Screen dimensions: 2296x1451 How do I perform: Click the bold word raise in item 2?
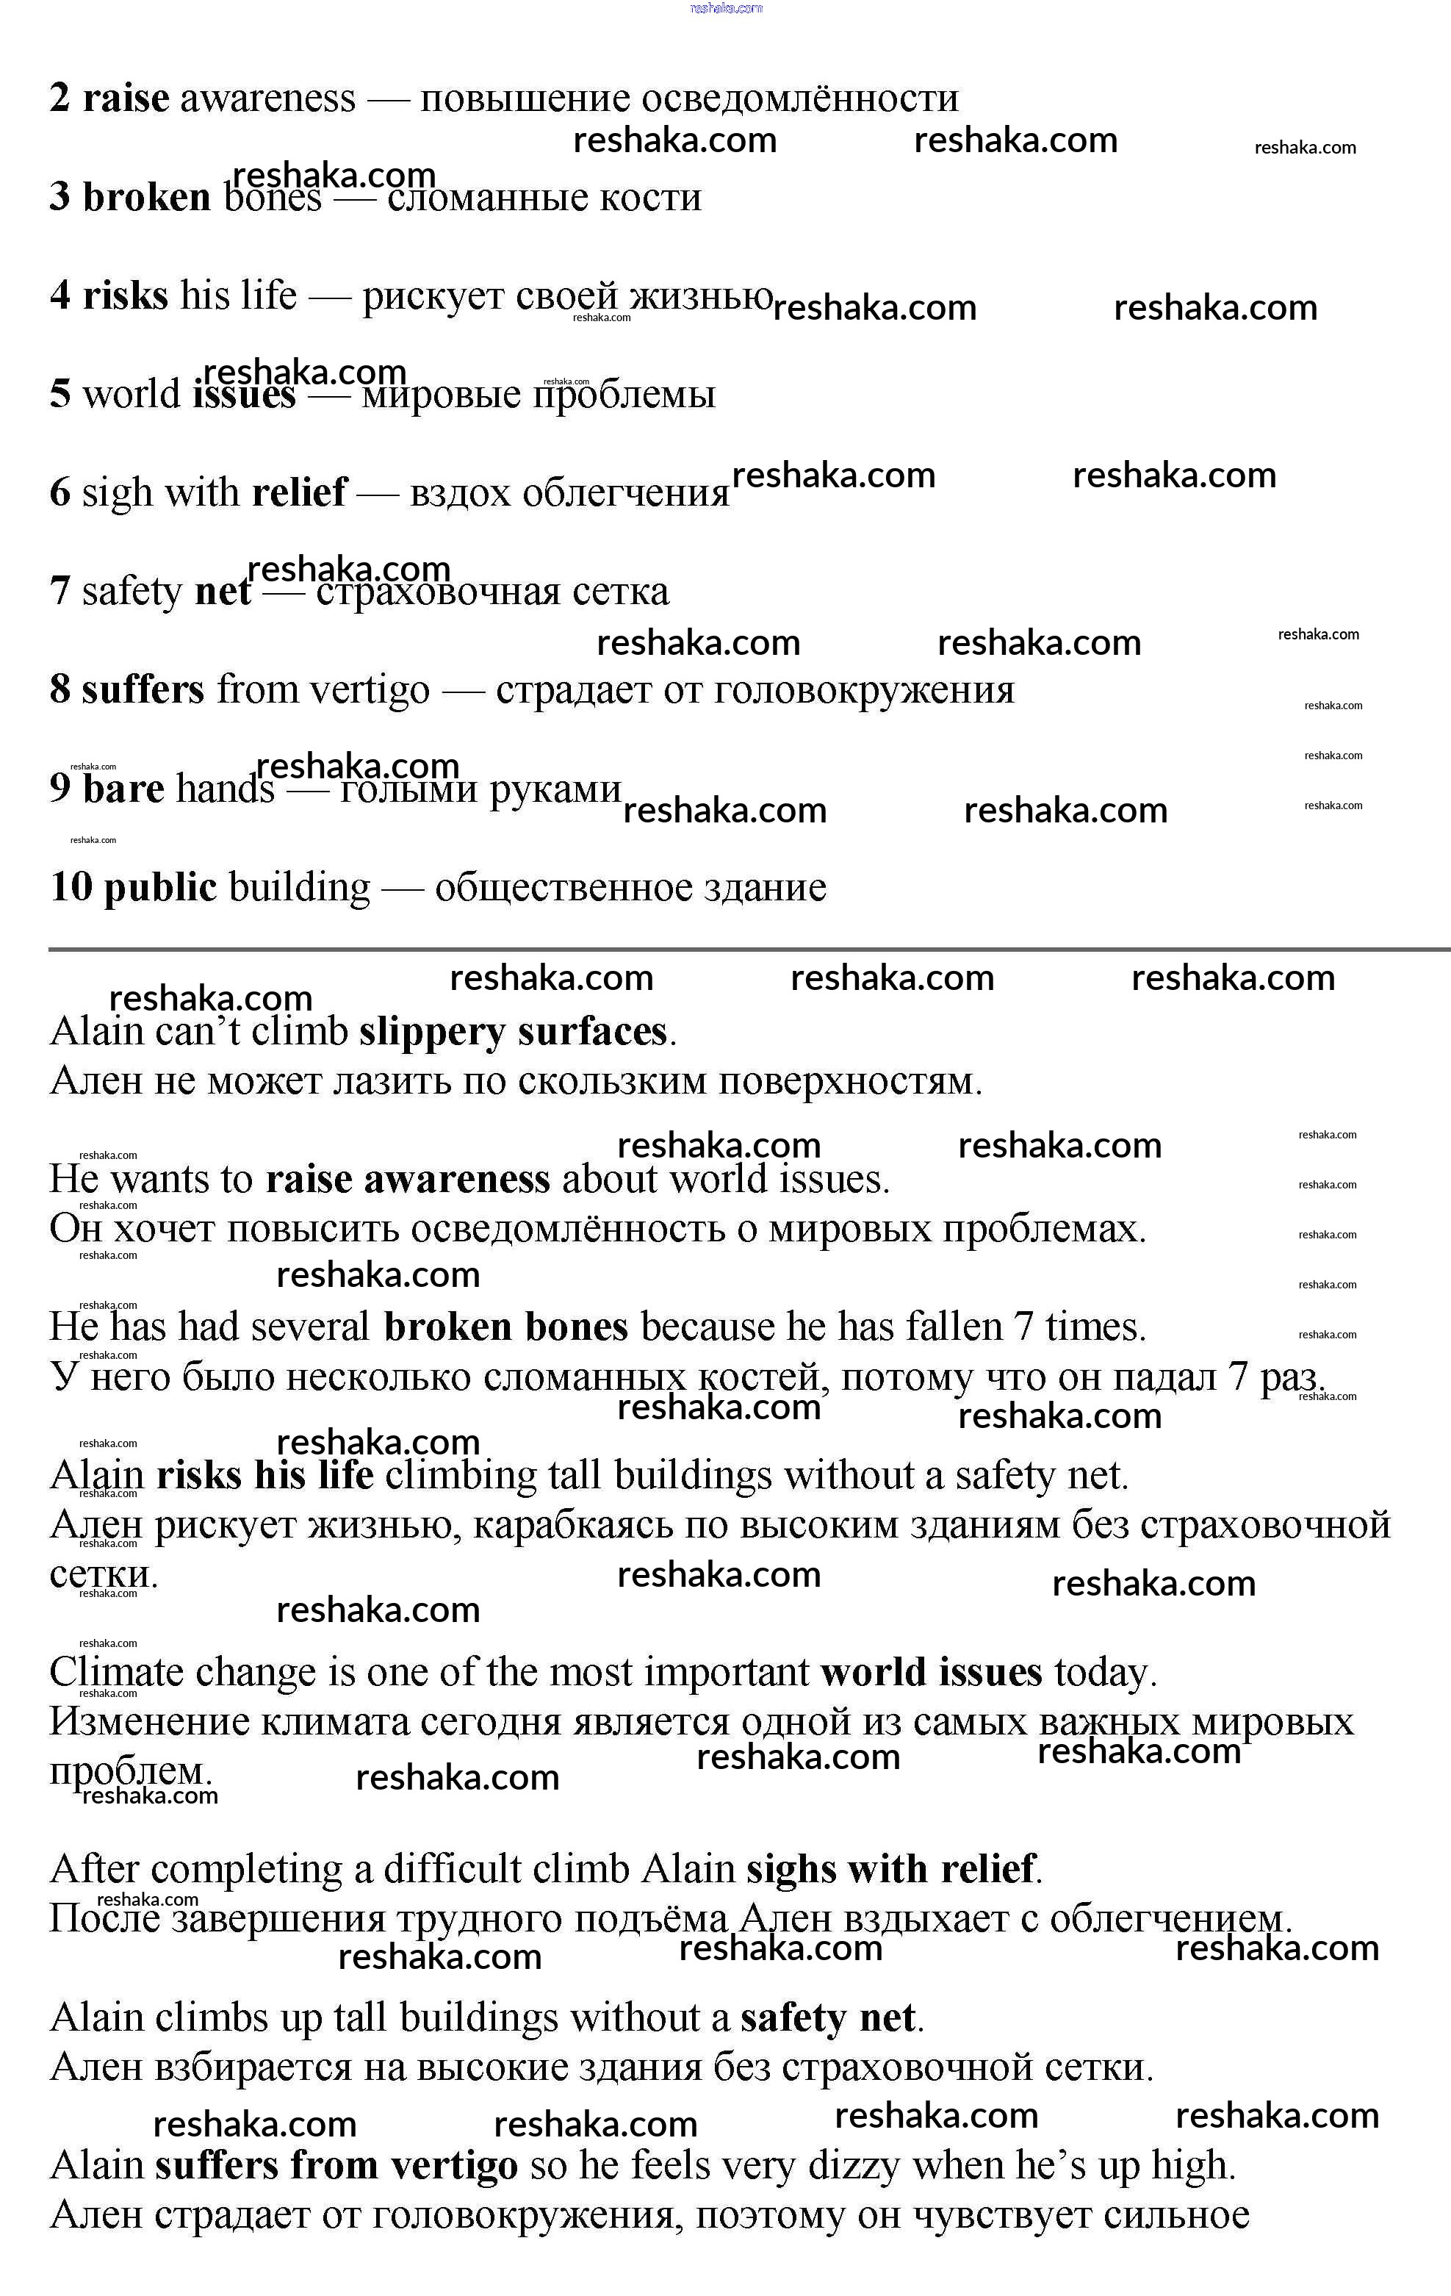click(126, 98)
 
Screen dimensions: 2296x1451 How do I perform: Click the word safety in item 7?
click(132, 591)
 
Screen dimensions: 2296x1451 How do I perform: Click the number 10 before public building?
click(71, 887)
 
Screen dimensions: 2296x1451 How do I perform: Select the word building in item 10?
click(299, 888)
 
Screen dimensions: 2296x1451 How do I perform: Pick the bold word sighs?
click(791, 1870)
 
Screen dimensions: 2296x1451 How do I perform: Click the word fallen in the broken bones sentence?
click(954, 1327)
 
